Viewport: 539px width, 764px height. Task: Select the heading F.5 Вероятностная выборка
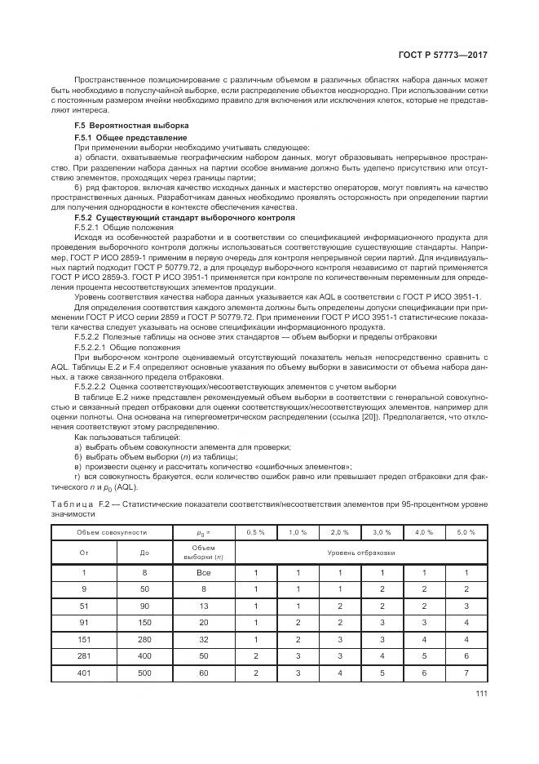[x=130, y=126]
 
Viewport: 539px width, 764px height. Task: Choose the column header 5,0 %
[x=466, y=531]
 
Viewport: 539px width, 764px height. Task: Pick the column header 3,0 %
[x=382, y=531]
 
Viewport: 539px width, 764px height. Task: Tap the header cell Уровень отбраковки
[x=360, y=553]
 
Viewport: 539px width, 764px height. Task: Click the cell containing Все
[x=203, y=573]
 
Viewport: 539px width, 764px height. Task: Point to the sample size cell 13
[x=203, y=606]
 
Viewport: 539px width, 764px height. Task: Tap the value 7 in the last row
[x=466, y=673]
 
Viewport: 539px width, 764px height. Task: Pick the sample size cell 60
[x=203, y=673]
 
